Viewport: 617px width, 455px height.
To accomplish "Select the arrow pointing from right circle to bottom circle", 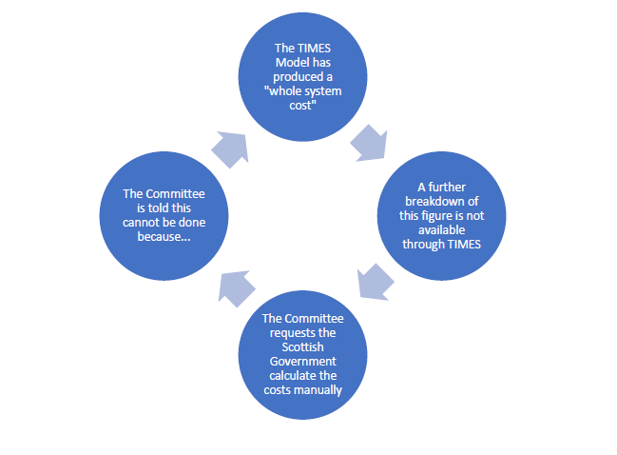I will (x=376, y=282).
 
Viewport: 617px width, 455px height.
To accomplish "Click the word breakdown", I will (x=435, y=202).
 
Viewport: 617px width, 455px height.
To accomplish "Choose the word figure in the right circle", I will (x=453, y=216).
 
